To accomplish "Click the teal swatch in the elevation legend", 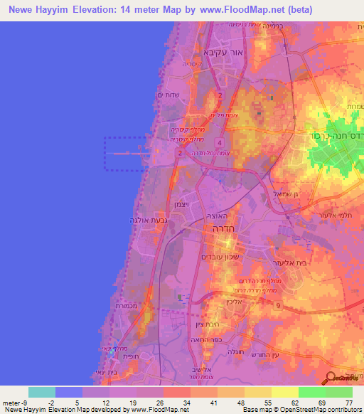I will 42,392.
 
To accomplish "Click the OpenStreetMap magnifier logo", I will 331,379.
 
